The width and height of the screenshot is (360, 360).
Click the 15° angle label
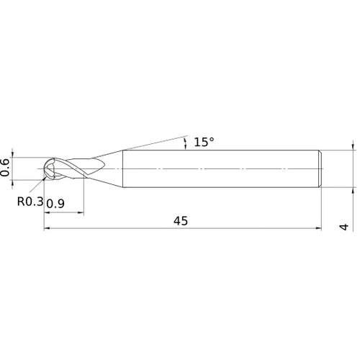204,143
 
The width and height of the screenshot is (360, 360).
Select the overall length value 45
180,222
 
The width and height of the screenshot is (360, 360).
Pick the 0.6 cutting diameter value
6,166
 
